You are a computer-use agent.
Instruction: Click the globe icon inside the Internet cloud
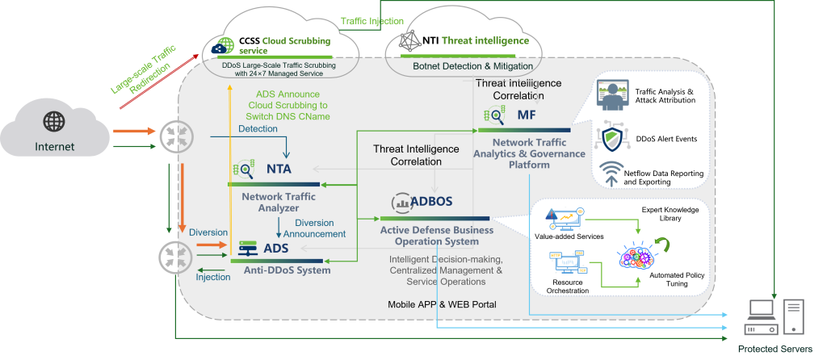[x=54, y=122]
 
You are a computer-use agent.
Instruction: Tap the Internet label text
[x=54, y=147]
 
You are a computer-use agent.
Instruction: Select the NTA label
[x=279, y=170]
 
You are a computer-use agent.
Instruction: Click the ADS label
[x=275, y=248]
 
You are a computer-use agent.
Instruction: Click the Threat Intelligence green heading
[x=485, y=40]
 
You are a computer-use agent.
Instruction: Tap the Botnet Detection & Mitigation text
[x=472, y=65]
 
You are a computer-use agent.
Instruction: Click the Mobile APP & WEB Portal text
[x=443, y=304]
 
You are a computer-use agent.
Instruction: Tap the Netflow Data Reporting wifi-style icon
[x=611, y=173]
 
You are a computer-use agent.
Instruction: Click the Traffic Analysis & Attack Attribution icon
[x=612, y=97]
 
